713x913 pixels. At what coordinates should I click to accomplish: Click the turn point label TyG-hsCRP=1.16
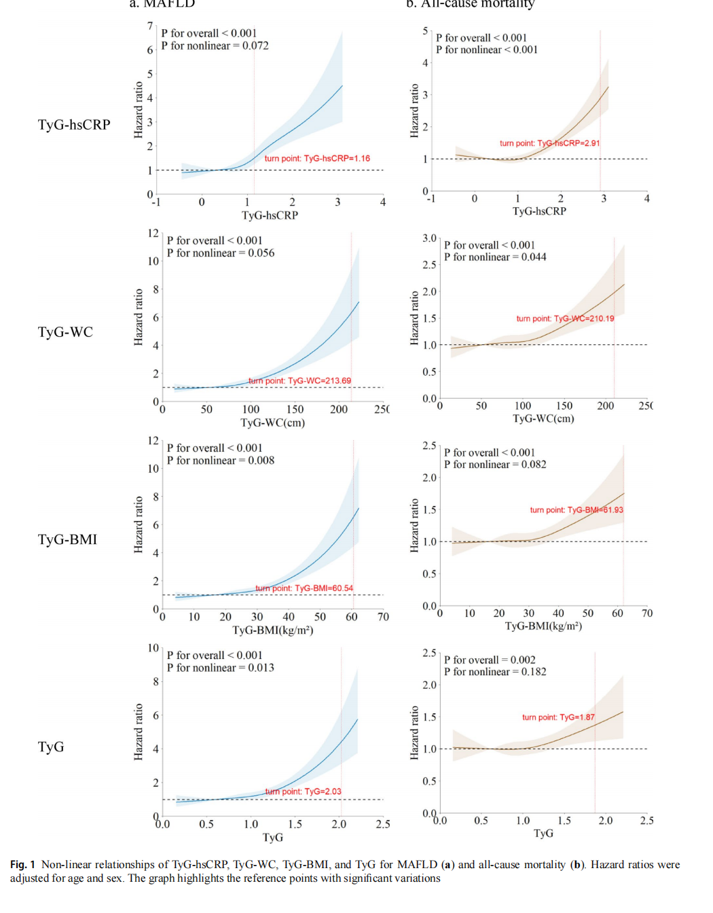[317, 158]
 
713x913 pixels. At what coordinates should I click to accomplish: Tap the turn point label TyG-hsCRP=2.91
[549, 143]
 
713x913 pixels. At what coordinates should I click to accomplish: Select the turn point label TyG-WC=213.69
[299, 381]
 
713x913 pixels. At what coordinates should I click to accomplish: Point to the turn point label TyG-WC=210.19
[565, 319]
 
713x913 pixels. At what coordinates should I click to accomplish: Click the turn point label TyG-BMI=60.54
[304, 588]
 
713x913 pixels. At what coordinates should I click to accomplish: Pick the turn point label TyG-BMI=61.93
[577, 510]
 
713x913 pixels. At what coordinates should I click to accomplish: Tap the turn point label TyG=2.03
[303, 791]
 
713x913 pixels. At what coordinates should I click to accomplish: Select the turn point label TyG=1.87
[558, 717]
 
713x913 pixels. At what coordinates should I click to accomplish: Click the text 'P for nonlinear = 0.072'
[215, 46]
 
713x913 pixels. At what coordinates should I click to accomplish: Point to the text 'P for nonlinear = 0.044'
[495, 257]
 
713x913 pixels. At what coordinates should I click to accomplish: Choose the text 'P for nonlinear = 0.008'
[221, 461]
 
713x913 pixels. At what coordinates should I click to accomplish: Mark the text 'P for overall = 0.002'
[490, 660]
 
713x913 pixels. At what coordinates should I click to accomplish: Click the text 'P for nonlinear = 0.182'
[495, 672]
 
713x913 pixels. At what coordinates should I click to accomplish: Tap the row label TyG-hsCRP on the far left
[74, 125]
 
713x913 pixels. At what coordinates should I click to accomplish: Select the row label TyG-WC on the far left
[65, 332]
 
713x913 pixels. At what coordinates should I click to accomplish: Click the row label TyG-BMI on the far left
[67, 539]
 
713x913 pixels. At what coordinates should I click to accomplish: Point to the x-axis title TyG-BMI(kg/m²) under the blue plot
[272, 630]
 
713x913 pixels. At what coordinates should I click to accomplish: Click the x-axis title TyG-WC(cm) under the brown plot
[543, 418]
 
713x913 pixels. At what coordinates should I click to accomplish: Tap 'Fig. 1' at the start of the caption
[22, 865]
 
